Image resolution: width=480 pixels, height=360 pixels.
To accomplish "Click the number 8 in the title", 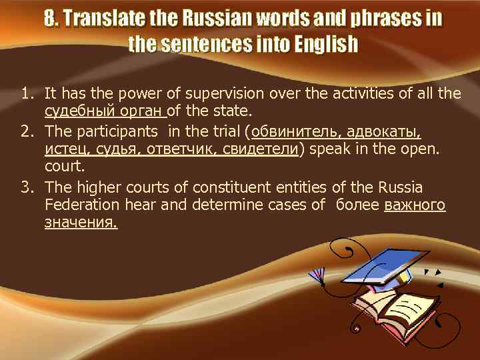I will (51, 18).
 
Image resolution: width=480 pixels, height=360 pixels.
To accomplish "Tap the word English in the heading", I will (322, 45).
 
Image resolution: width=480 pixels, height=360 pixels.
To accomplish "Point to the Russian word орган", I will (144, 110).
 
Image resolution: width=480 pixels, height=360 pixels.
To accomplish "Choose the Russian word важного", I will (415, 205).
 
